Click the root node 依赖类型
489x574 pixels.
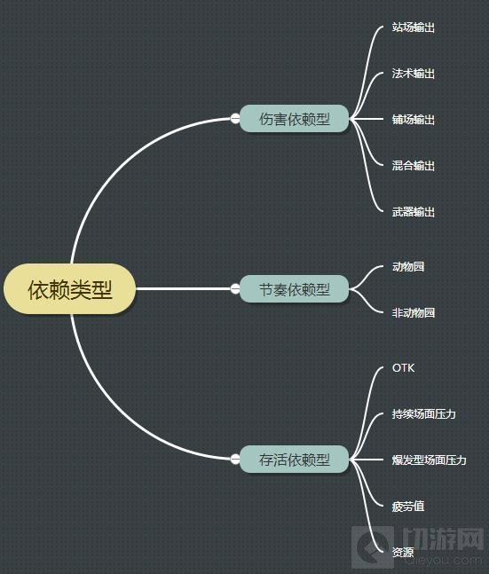[x=69, y=289]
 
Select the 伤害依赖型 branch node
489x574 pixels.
[x=294, y=119]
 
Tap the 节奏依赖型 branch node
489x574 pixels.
[x=294, y=289]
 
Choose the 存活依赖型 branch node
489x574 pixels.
[x=294, y=460]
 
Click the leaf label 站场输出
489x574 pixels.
[x=414, y=28]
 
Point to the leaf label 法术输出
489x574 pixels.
[x=414, y=74]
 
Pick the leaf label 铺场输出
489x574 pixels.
[x=414, y=120]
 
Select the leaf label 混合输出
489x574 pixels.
[x=414, y=166]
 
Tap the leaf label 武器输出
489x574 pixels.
[x=414, y=212]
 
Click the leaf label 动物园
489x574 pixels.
[x=408, y=266]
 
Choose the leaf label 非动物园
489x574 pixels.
[x=414, y=312]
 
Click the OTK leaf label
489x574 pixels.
[x=403, y=368]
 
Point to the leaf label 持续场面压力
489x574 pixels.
[x=424, y=414]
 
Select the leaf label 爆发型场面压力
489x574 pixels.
[x=429, y=460]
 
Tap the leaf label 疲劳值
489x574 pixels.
[x=408, y=507]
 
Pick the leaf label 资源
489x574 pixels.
[x=403, y=553]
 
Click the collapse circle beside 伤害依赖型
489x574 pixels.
[x=235, y=119]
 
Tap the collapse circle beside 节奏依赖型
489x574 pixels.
[x=235, y=289]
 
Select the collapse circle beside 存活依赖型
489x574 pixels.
[x=235, y=459]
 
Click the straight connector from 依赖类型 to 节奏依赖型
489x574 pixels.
[x=183, y=289]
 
